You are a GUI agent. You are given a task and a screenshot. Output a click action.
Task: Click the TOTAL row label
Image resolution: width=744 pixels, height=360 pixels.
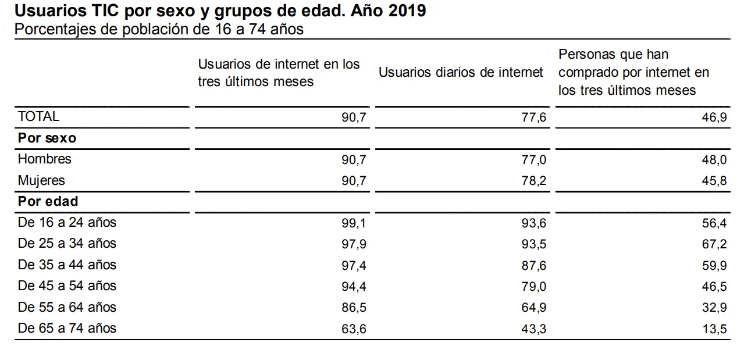[x=38, y=116]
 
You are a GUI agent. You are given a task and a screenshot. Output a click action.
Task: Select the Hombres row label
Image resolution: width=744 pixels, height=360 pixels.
[x=45, y=159]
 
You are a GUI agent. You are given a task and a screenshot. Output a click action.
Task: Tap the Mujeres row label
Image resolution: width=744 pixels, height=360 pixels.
[x=41, y=181]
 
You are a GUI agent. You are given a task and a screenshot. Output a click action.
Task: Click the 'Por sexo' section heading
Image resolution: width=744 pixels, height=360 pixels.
[x=47, y=138]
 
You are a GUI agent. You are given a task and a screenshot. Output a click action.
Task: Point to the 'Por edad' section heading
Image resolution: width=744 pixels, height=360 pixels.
[x=48, y=202]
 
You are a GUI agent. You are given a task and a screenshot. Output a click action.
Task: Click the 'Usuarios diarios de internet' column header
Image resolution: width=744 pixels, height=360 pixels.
[x=461, y=72]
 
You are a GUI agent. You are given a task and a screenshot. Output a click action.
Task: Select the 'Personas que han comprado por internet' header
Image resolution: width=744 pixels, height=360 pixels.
[x=633, y=72]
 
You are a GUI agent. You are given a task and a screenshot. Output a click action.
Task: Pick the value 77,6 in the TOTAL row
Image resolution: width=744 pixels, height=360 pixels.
[x=534, y=117]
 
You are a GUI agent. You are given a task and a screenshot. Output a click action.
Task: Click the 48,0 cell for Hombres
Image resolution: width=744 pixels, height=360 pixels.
[x=714, y=160]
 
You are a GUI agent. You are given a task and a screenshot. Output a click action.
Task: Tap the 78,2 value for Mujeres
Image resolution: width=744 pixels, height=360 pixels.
[x=534, y=181]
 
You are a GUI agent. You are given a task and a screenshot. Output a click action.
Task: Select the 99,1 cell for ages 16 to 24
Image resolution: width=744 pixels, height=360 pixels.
[x=354, y=223]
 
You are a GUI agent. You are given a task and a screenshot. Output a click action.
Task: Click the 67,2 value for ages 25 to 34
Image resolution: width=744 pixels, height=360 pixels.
[x=714, y=244]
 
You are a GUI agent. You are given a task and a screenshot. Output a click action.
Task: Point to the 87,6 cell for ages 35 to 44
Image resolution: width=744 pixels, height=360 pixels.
[x=534, y=266]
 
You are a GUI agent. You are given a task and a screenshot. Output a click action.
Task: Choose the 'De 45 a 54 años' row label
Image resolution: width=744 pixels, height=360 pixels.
[x=67, y=286]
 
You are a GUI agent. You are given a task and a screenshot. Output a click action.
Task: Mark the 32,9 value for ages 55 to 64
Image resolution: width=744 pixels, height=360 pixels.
[x=714, y=308]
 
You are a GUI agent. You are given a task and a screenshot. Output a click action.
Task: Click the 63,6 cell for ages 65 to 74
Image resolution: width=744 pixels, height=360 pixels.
[x=354, y=329]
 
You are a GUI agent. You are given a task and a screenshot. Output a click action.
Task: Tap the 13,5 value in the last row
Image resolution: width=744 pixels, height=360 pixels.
[x=714, y=329]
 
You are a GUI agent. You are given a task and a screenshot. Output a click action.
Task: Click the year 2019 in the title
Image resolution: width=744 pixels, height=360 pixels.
[x=407, y=10]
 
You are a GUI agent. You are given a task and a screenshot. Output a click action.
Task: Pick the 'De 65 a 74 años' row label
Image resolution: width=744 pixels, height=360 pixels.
[x=67, y=329]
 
